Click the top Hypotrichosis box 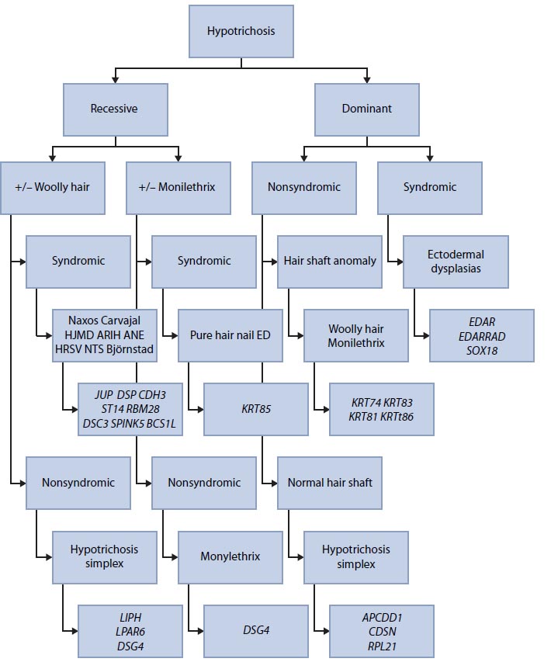[241, 32]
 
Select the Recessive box [115, 109]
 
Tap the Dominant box [366, 109]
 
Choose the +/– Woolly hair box [52, 187]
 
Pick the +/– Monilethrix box [178, 187]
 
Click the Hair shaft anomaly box [330, 261]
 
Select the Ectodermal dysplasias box [456, 261]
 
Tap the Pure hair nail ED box [230, 335]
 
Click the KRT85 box [255, 408]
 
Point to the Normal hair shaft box [330, 482]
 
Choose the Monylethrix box [230, 556]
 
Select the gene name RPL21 [381, 645]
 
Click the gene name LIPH [130, 618]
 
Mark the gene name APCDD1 [381, 618]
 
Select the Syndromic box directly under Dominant [429, 187]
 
